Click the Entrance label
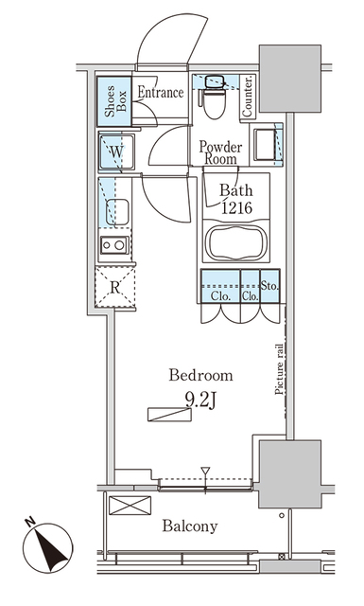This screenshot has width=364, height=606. tap(160, 93)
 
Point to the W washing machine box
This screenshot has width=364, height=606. tap(117, 151)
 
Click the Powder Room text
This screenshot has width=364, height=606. tap(220, 152)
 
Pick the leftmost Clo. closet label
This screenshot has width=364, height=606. tap(219, 295)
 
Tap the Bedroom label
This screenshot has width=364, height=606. tap(199, 375)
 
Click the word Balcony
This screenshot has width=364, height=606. tap(189, 526)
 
